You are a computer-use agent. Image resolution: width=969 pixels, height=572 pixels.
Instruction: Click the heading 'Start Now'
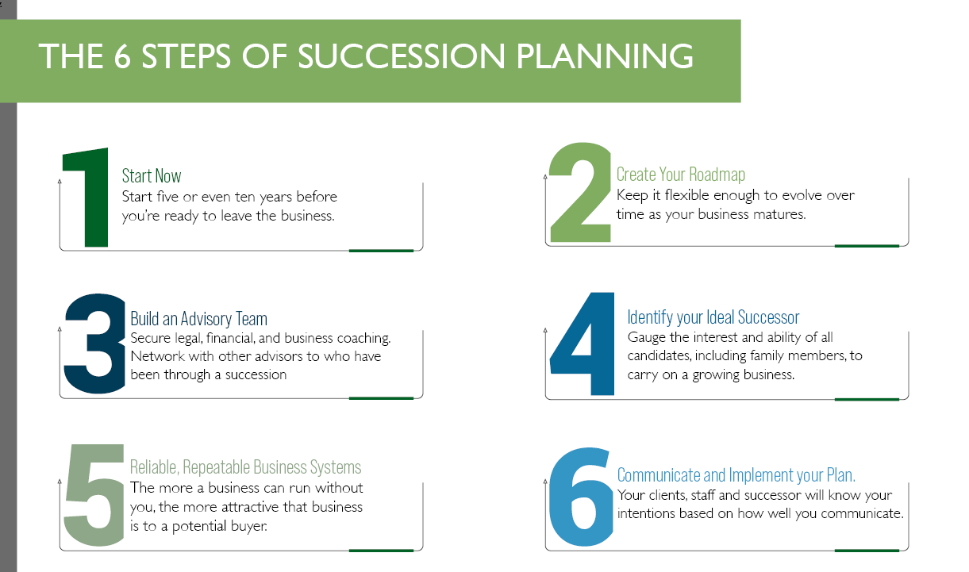point(152,175)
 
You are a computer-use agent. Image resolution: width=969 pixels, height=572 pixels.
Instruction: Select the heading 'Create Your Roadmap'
point(681,175)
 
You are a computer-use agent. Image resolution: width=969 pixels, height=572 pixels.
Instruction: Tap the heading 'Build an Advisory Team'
point(198,319)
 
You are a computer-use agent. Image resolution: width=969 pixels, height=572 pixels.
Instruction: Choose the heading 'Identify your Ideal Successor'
point(713,318)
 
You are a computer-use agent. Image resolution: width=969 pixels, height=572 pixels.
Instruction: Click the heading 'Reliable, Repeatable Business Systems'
point(246,467)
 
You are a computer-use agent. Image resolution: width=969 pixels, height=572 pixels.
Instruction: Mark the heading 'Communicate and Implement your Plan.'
point(736,475)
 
